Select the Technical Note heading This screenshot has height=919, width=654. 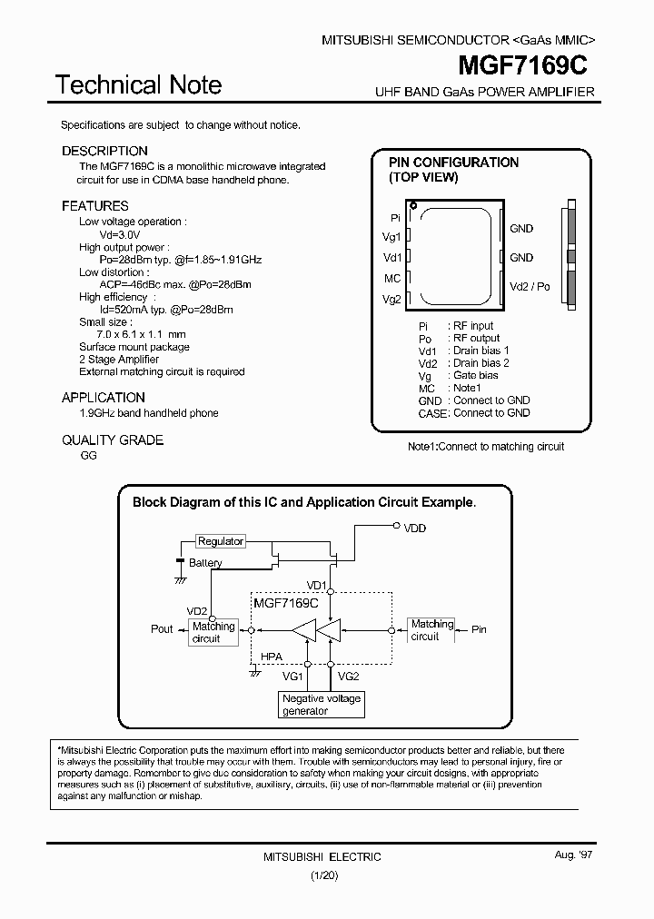click(x=138, y=85)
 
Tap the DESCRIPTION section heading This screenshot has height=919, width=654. click(x=104, y=151)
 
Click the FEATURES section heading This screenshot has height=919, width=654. click(x=95, y=206)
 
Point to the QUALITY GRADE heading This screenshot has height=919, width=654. click(x=113, y=440)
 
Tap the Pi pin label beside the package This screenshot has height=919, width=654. click(x=395, y=218)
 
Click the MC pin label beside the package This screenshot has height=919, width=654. click(x=392, y=279)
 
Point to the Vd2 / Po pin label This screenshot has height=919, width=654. click(x=530, y=286)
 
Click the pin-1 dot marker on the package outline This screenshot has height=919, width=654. click(x=413, y=206)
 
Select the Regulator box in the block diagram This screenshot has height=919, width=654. click(x=221, y=541)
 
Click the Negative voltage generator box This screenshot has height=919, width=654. click(x=322, y=705)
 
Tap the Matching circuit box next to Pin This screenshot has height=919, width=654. click(x=431, y=630)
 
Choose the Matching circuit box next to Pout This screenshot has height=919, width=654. click(x=213, y=632)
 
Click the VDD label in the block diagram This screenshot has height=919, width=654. click(x=415, y=528)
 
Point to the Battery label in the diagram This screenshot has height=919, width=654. click(x=205, y=563)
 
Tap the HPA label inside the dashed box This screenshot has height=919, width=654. click(x=271, y=657)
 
